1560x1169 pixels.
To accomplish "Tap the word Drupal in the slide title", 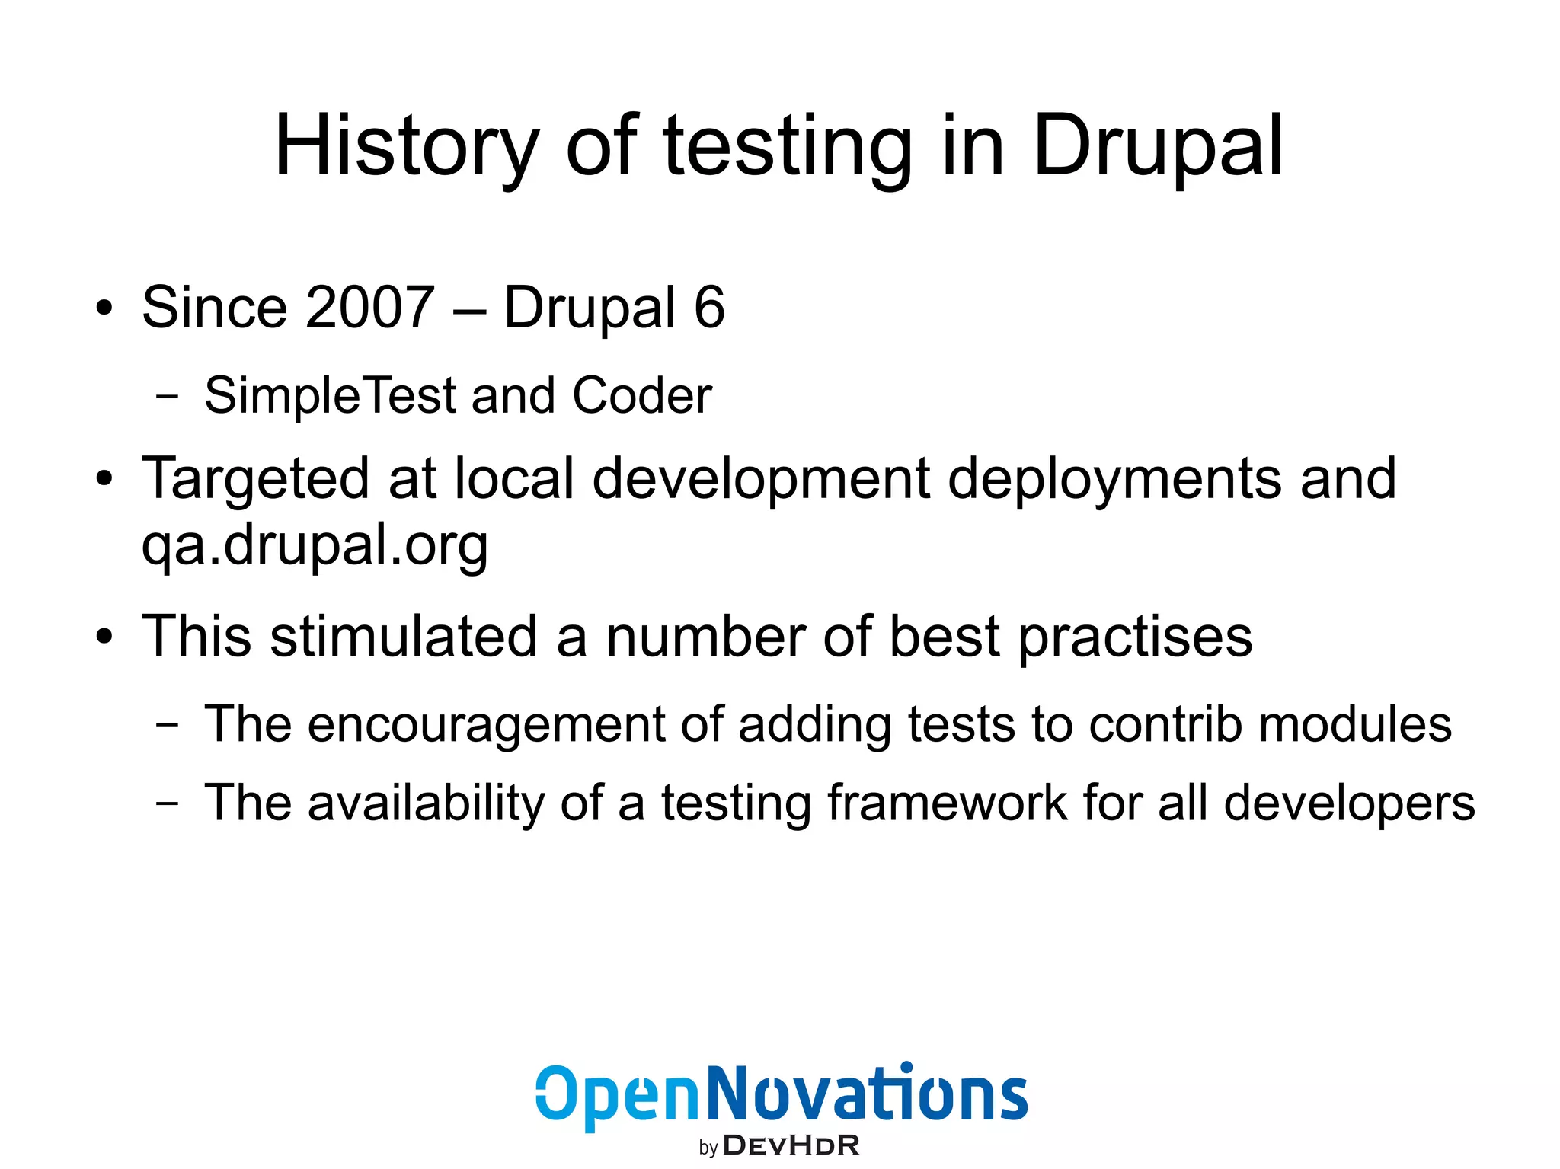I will tap(1157, 146).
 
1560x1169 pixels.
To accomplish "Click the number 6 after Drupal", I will tap(709, 307).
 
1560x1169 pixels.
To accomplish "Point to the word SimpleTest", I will tap(329, 395).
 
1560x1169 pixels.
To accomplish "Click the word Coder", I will tap(641, 395).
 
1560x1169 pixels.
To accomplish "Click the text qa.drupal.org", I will tap(314, 545).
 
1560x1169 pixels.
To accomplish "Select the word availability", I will tap(426, 803).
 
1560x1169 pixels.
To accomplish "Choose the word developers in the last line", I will tap(1349, 803).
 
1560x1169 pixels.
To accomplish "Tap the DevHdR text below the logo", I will tap(791, 1145).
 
